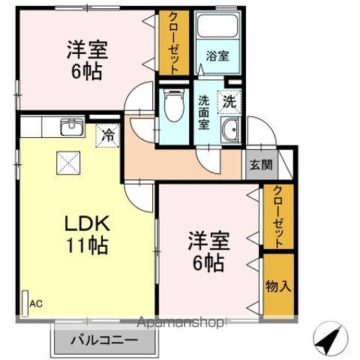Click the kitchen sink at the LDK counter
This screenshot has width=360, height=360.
[x=71, y=126]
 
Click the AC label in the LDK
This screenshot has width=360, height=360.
[x=35, y=303]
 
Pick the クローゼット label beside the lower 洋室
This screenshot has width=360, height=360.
[x=277, y=217]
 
